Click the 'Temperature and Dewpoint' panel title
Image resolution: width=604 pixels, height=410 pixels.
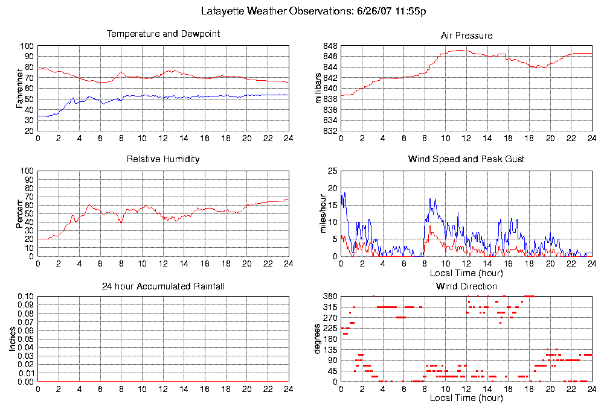tap(163, 34)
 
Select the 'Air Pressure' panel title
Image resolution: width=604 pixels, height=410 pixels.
tap(466, 36)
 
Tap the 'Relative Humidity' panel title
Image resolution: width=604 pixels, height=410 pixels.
tap(163, 159)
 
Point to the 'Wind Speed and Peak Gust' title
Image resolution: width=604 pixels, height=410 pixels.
tap(466, 159)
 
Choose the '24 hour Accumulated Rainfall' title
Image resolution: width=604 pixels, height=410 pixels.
tap(163, 286)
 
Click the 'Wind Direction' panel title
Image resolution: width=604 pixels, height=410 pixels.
tap(466, 286)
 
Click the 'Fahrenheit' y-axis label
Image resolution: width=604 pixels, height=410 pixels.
tap(20, 88)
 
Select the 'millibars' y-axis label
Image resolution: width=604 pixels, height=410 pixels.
tap(320, 88)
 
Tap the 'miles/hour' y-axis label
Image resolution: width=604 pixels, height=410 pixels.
tap(320, 213)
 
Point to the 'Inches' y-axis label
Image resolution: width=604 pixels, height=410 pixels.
tap(12, 339)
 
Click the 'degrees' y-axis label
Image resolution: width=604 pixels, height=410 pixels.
tap(318, 339)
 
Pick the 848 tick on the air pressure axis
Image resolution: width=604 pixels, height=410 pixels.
tap(330, 46)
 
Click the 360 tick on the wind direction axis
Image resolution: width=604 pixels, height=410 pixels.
tap(330, 297)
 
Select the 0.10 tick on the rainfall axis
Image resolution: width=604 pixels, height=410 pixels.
tap(25, 297)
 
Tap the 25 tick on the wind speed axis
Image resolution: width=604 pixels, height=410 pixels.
tap(332, 171)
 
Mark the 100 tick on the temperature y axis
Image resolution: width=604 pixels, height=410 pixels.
tap(27, 46)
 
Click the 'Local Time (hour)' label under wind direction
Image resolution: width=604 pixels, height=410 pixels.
tap(466, 398)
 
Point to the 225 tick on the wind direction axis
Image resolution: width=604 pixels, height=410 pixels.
tap(330, 329)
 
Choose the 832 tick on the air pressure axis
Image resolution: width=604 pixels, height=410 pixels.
tap(330, 131)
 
